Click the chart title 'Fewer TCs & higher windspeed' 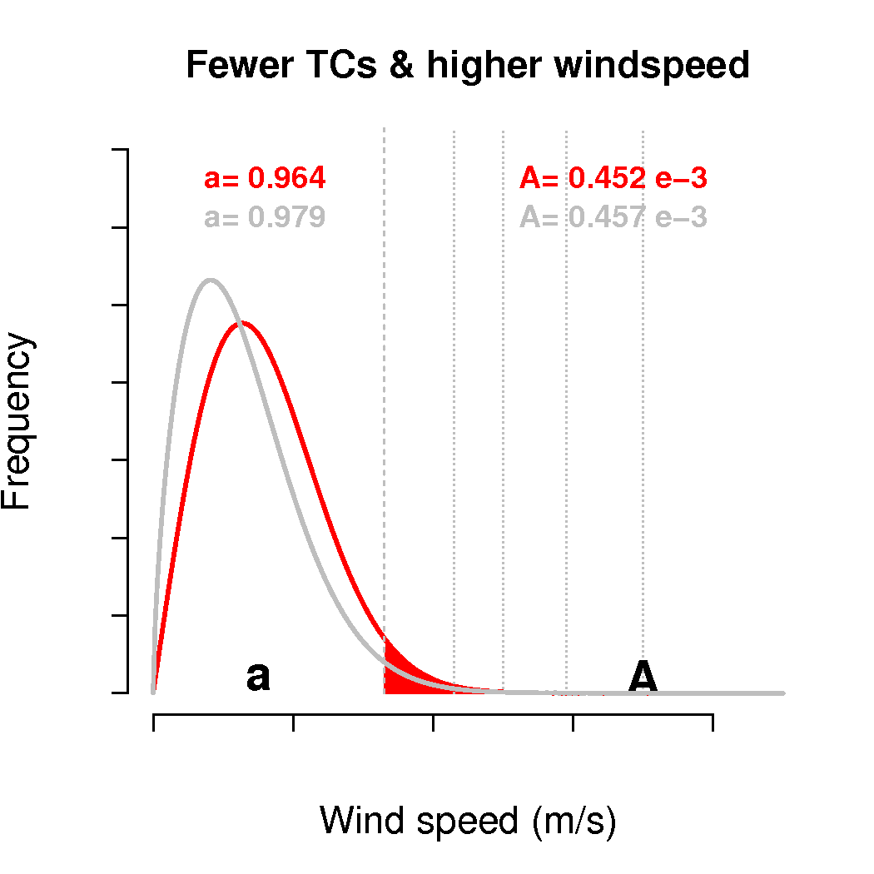tap(468, 65)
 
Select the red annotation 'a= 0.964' tap(265, 178)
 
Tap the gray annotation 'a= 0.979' tap(265, 217)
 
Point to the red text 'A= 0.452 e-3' tap(613, 178)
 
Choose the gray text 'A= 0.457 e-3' tap(613, 217)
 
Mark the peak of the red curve tap(241, 322)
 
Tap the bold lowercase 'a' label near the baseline tap(258, 678)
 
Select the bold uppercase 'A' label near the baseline tap(643, 677)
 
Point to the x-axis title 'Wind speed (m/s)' tap(468, 821)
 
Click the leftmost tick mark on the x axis tap(154, 723)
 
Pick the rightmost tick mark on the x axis tap(713, 723)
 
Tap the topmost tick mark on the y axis tap(120, 150)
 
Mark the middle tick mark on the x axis tap(433, 723)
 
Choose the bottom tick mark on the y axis tap(120, 693)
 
